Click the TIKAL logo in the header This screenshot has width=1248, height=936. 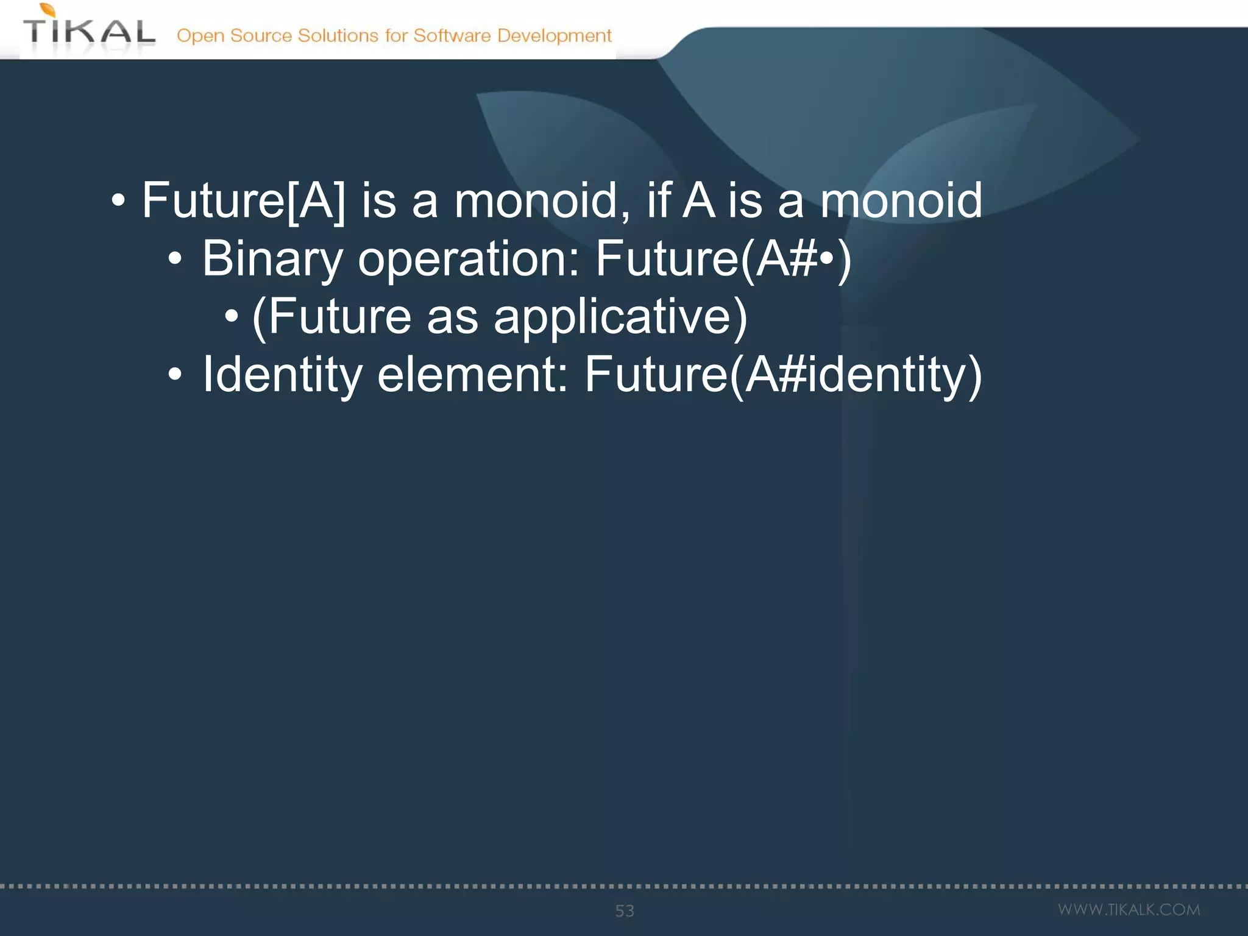(89, 30)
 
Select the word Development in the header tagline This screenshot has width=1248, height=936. (554, 35)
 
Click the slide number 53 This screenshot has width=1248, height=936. (625, 910)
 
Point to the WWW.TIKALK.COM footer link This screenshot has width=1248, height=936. (1129, 910)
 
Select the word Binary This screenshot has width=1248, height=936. (272, 259)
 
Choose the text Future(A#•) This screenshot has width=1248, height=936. (723, 259)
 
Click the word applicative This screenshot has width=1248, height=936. (620, 317)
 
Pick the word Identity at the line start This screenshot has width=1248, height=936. (283, 374)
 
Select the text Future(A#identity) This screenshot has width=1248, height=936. (783, 374)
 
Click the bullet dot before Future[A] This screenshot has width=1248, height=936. (118, 200)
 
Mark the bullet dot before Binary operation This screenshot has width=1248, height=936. (175, 259)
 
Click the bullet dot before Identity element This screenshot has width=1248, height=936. (175, 374)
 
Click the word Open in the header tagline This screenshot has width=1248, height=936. (200, 35)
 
